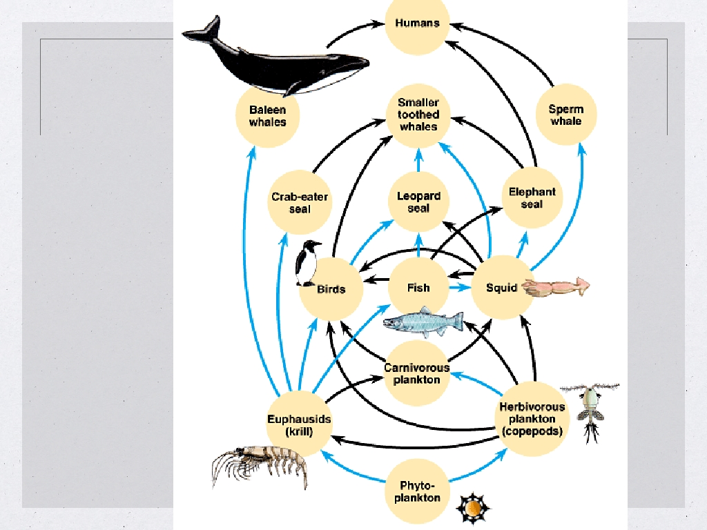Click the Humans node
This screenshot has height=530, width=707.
(417, 23)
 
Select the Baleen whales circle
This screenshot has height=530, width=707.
(267, 115)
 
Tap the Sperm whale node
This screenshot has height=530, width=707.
(565, 115)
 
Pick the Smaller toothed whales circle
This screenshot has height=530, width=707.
(418, 115)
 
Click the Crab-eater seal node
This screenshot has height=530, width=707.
(300, 202)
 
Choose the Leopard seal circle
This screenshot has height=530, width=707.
(418, 202)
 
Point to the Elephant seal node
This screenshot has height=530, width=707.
(532, 197)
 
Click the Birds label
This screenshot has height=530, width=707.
(331, 288)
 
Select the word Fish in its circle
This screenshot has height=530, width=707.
(418, 287)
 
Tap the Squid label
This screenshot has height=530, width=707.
(501, 287)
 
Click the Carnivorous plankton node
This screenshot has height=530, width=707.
(416, 373)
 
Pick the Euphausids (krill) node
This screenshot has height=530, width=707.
(299, 425)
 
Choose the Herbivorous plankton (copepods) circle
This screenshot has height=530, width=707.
(532, 419)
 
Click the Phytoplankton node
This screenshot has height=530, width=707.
(416, 491)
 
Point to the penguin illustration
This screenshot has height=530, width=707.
(307, 263)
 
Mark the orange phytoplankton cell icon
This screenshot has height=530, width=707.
(472, 509)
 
